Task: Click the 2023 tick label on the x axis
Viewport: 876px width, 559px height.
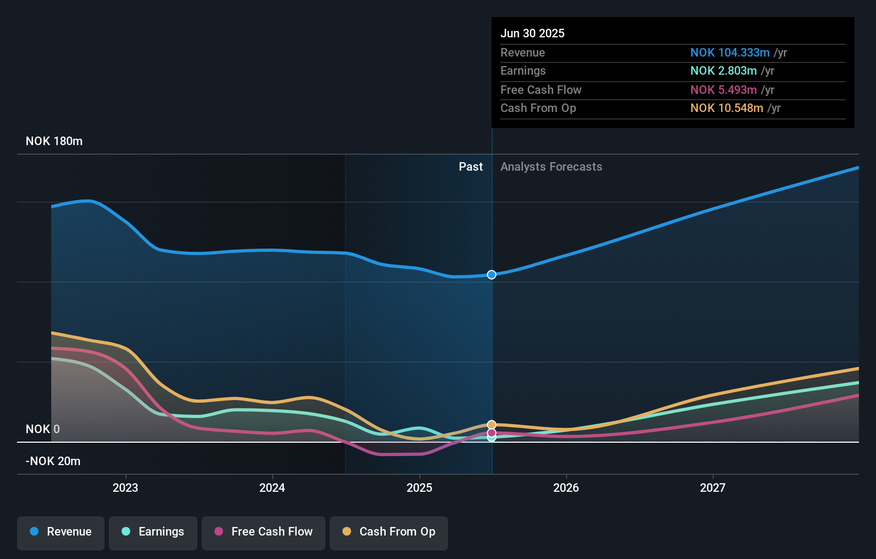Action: tap(125, 488)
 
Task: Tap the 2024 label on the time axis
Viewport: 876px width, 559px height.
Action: tap(272, 488)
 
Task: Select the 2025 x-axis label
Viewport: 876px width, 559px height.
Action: tap(419, 488)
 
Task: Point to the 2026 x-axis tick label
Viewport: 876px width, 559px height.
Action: tap(566, 488)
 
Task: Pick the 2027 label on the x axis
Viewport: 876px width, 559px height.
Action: tap(713, 488)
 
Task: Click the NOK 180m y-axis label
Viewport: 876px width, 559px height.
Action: tap(54, 141)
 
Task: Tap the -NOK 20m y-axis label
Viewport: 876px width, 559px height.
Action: tap(53, 461)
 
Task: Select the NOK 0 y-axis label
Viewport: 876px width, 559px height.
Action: tap(43, 429)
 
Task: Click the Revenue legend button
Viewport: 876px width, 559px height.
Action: tap(61, 532)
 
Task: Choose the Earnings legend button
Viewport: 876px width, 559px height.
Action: tap(153, 532)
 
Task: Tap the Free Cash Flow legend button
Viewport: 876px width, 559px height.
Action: tap(264, 532)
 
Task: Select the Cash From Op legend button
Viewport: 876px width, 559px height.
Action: tap(389, 532)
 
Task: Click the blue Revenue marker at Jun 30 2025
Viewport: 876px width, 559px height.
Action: tap(491, 275)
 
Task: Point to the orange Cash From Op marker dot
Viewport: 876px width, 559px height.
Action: tap(491, 425)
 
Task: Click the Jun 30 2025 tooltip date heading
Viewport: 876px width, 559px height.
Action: tap(532, 34)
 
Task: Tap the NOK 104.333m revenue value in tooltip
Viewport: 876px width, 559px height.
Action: tap(730, 53)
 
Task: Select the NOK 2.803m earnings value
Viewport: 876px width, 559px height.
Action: tap(723, 71)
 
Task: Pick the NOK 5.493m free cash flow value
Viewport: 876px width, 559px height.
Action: tap(723, 90)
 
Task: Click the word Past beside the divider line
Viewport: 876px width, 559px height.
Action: tap(471, 167)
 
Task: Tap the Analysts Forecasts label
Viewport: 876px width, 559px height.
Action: tap(551, 167)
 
